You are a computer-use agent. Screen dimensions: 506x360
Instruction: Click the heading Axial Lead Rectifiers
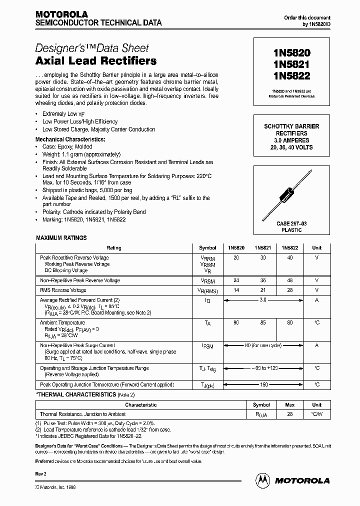pyautogui.click(x=96, y=61)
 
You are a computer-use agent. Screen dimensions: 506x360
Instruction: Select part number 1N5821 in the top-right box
pyautogui.click(x=290, y=64)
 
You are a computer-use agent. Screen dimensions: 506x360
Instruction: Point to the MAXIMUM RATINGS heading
pyautogui.click(x=61, y=238)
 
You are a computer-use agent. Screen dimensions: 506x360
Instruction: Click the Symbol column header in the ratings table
pyautogui.click(x=207, y=248)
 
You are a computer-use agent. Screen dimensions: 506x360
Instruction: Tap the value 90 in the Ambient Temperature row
pyautogui.click(x=236, y=323)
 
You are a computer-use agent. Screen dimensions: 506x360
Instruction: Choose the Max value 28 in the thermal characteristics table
pyautogui.click(x=289, y=414)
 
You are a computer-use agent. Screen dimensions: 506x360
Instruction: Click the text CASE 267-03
pyautogui.click(x=290, y=224)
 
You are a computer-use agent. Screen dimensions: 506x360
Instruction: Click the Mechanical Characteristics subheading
pyautogui.click(x=70, y=139)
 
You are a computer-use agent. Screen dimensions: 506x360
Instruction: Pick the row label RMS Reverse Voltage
pyautogui.click(x=63, y=290)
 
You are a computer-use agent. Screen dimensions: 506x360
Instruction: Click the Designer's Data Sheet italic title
pyautogui.click(x=92, y=48)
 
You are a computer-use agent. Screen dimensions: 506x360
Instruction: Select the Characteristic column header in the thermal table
pyautogui.click(x=140, y=405)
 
